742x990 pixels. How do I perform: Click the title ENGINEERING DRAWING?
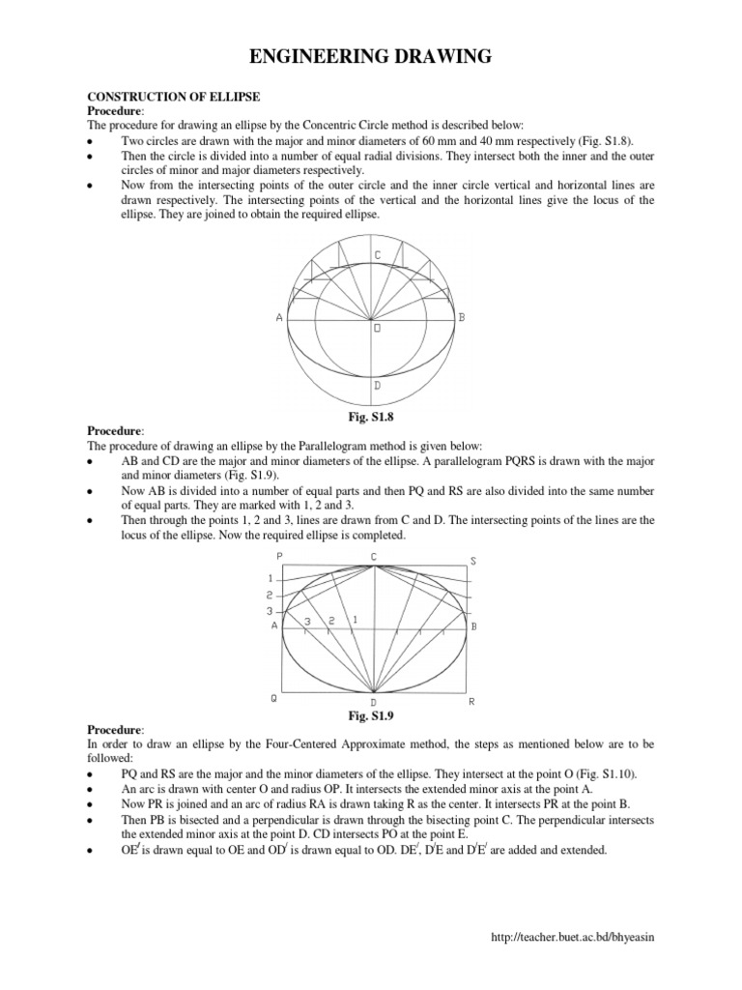click(x=371, y=59)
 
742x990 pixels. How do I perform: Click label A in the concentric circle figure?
click(x=278, y=317)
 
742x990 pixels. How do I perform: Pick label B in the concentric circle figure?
click(x=463, y=317)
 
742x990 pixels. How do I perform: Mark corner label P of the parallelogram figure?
click(x=278, y=557)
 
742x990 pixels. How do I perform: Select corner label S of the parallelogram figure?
click(x=472, y=561)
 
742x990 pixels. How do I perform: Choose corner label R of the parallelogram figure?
click(x=471, y=701)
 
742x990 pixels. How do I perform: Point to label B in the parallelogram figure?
click(x=473, y=626)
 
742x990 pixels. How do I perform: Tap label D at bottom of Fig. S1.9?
click(x=374, y=702)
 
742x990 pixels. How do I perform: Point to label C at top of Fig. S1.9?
click(x=374, y=557)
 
